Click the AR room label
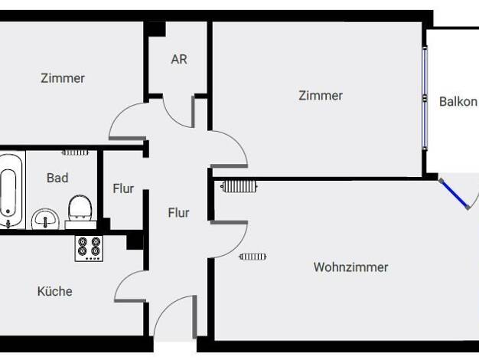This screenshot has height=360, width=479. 179,59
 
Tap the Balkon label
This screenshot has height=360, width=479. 458,102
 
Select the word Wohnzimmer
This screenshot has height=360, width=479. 350,267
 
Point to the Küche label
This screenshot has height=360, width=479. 55,291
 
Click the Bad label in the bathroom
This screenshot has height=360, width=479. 57,178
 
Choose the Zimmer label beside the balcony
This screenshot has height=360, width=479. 321,96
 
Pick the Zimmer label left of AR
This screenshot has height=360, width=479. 63,78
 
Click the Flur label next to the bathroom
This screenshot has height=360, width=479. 123,188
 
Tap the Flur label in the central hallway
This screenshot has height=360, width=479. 179,213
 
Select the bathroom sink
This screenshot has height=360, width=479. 45,219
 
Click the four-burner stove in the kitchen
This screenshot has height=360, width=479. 89,248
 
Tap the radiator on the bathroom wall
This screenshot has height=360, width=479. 75,152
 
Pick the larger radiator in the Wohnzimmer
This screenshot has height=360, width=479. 239,186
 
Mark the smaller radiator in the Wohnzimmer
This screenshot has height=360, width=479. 253,257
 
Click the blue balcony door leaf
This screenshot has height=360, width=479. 455,194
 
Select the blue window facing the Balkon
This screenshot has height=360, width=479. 425,97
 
